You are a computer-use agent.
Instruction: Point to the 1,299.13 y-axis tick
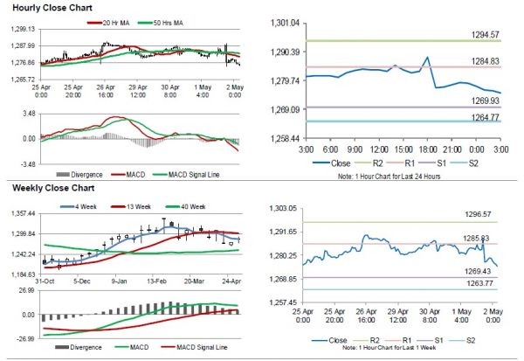click(x=21, y=29)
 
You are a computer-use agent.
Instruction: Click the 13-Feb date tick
click(x=157, y=282)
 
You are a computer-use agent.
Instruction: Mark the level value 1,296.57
click(x=483, y=214)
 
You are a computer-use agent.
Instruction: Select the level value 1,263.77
click(x=483, y=282)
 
